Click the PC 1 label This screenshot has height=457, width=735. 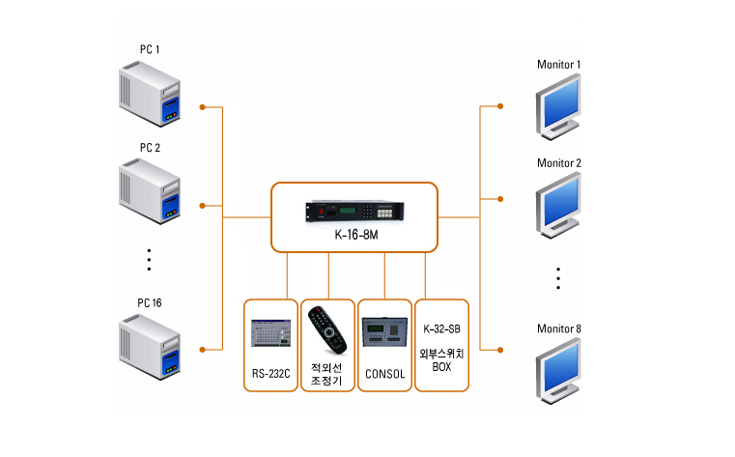(x=150, y=49)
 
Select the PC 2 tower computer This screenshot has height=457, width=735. (x=152, y=193)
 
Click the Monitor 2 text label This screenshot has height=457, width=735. (x=559, y=162)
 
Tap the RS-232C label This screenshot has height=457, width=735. (x=271, y=373)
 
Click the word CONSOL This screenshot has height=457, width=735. (x=384, y=373)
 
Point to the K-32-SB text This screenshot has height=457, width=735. (x=441, y=330)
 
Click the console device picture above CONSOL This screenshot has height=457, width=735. (x=384, y=332)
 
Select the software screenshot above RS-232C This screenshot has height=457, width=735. (x=271, y=334)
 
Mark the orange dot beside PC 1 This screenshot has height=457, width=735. (x=203, y=107)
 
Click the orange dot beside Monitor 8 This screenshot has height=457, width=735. (x=500, y=349)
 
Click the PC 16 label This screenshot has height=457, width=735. (x=150, y=302)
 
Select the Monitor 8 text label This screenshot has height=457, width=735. (x=559, y=329)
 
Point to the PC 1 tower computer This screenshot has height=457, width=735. (x=152, y=95)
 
